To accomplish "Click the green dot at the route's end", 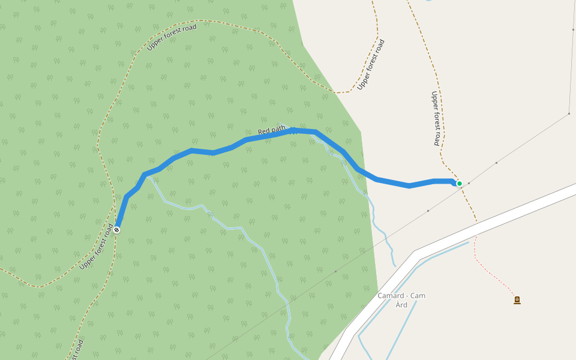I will click(x=459, y=184).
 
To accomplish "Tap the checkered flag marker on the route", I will click(x=116, y=229).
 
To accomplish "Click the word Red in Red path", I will click(x=263, y=131).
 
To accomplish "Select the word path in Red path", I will click(x=278, y=128).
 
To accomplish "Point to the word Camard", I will click(x=391, y=296).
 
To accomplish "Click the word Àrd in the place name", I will click(x=401, y=305).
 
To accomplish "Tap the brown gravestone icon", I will click(x=517, y=300).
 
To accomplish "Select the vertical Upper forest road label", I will click(x=436, y=118).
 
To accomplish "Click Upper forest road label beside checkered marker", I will click(x=96, y=247).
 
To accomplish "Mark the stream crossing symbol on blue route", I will click(x=293, y=131).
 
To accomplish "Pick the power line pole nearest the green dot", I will click(x=469, y=182).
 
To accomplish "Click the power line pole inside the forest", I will click(x=335, y=272).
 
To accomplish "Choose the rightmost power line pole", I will click(x=569, y=113).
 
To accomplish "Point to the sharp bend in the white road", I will click(x=415, y=255).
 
